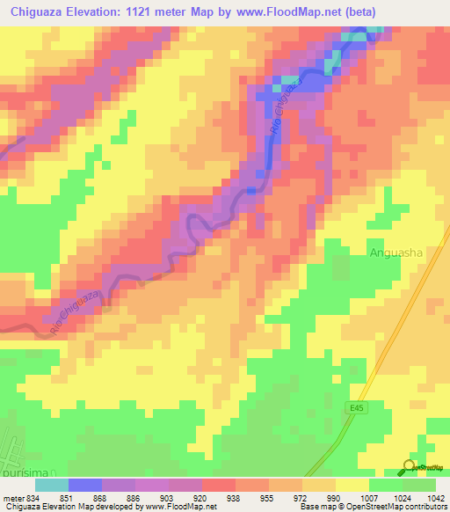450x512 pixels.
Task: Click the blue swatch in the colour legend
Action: (x=84, y=485)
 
